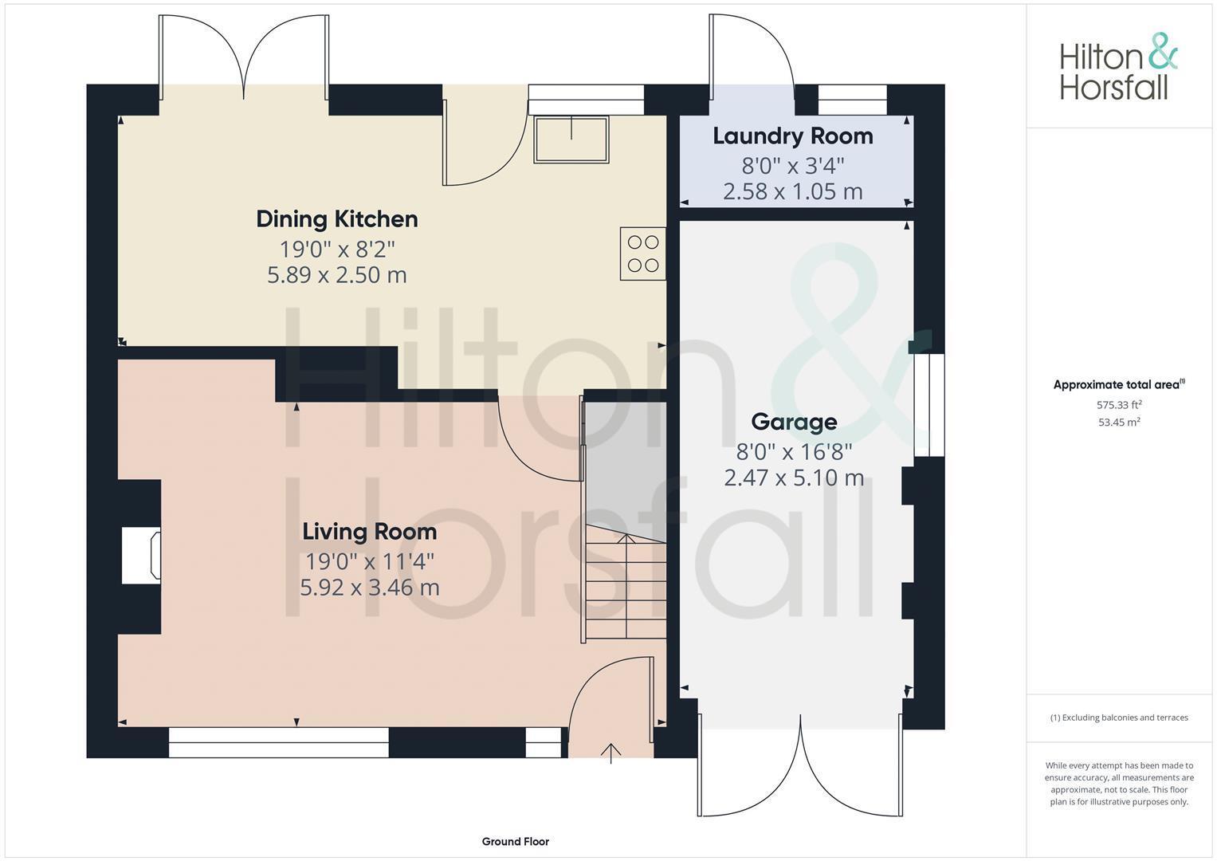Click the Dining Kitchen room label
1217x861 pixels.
coord(336,219)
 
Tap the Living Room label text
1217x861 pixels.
coord(369,532)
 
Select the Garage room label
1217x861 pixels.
coord(794,422)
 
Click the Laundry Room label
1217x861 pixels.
coord(792,136)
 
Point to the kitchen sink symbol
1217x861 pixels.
coord(571,140)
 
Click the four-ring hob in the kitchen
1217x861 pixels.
coord(643,254)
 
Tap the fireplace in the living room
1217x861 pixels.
coord(142,554)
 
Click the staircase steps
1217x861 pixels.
coord(626,590)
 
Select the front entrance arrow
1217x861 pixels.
coord(610,753)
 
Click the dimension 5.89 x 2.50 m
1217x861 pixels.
coord(336,276)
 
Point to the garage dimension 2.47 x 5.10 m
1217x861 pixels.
coord(794,478)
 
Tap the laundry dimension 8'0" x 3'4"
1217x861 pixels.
coord(792,166)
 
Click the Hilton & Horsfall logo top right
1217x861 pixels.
coord(1117,67)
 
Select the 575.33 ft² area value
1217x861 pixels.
coord(1118,405)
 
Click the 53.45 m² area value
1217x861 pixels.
coord(1118,423)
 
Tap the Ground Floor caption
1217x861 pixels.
coord(515,841)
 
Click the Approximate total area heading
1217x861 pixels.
coord(1118,385)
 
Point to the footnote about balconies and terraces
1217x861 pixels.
coord(1118,717)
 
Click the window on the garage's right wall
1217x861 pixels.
coord(928,405)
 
